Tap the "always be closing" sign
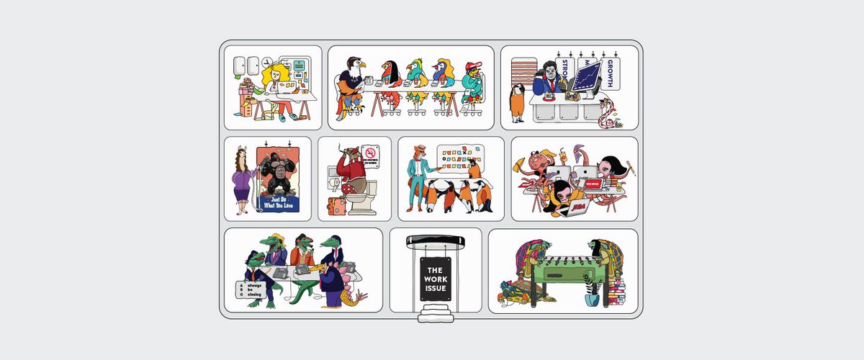249,289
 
